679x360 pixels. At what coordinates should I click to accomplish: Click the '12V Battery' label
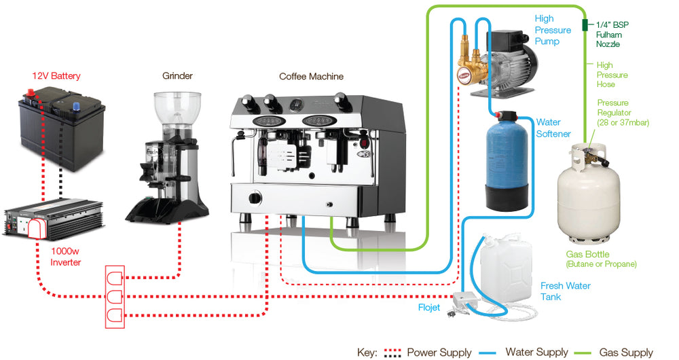(56, 75)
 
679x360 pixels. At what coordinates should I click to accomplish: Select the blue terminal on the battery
(76, 105)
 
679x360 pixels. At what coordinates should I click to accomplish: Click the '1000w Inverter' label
(66, 257)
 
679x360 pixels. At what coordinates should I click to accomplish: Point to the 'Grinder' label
(177, 75)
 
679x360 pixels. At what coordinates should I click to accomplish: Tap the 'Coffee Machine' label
(311, 76)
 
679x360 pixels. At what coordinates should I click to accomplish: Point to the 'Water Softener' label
(553, 128)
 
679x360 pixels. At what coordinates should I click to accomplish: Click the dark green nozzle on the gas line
(584, 26)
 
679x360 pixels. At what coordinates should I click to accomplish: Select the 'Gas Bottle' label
(601, 259)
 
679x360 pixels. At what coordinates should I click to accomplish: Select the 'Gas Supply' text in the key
(625, 353)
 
